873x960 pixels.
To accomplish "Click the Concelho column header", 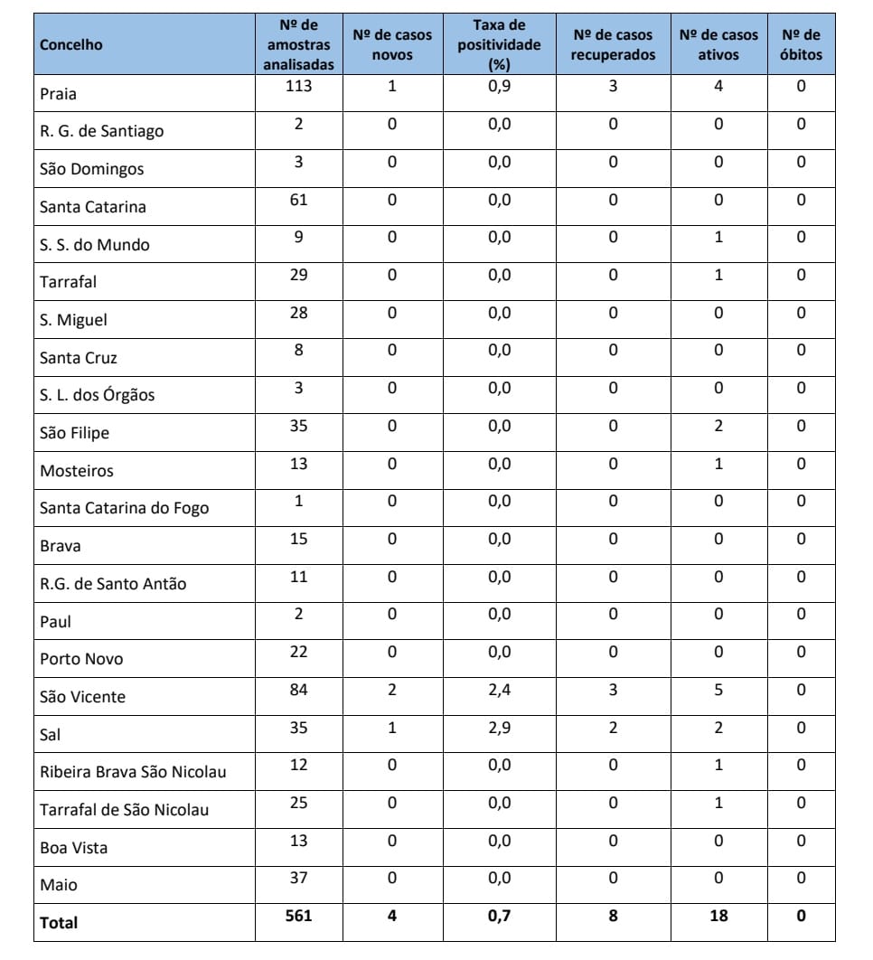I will click(x=71, y=44).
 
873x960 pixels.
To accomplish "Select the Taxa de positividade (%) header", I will click(x=499, y=44).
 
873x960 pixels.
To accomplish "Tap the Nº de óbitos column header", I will click(x=801, y=44).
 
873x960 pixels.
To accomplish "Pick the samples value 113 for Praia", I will click(x=298, y=86).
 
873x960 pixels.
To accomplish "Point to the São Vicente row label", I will click(x=82, y=697).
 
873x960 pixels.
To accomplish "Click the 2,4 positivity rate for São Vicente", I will click(x=499, y=691).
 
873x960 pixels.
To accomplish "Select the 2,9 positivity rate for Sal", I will click(x=499, y=728).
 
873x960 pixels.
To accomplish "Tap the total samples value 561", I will click(x=298, y=916).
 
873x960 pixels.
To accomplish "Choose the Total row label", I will click(x=59, y=923).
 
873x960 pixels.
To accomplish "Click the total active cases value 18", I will click(x=718, y=916).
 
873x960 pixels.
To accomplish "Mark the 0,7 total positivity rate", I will click(x=499, y=916).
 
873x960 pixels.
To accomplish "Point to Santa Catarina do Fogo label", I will click(x=124, y=508).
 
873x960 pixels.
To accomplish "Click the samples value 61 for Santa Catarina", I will click(x=298, y=199).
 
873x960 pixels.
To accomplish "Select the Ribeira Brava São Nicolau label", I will click(x=133, y=772).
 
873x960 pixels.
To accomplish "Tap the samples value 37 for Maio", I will click(x=298, y=878).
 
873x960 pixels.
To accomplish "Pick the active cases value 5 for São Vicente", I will click(x=718, y=691).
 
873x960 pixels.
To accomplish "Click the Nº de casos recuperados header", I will click(x=613, y=44).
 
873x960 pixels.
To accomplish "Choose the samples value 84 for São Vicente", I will click(x=298, y=691).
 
